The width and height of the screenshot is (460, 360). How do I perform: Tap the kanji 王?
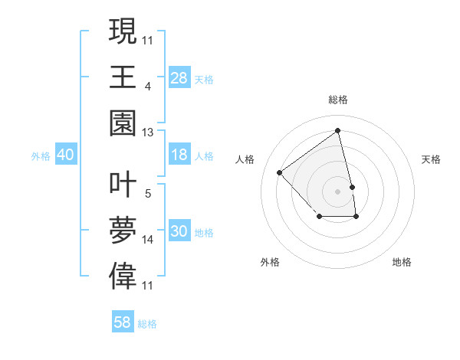pos(123,77)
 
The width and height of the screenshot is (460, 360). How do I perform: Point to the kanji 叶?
pos(123,185)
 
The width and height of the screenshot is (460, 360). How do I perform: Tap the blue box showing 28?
pos(179,77)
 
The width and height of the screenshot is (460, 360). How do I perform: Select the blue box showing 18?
pos(179,155)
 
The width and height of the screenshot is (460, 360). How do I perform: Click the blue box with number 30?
pos(179,231)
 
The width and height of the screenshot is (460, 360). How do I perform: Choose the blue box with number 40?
pos(65,155)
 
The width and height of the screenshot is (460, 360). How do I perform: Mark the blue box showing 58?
pos(123,322)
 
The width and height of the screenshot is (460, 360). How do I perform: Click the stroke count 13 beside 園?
pos(148,133)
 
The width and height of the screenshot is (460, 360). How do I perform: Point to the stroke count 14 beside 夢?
pos(148,240)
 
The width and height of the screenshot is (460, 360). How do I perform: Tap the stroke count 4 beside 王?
pos(147,87)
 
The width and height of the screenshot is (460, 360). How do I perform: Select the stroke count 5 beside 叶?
pos(147,194)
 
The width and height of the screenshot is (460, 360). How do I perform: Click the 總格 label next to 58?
pos(147,324)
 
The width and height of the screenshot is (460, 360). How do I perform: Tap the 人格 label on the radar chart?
pos(245,159)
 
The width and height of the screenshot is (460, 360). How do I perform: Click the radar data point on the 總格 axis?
pos(338,130)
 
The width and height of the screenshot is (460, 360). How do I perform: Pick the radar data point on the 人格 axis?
pos(280,173)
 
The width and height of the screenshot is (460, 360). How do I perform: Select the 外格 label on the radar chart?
pos(270,262)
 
